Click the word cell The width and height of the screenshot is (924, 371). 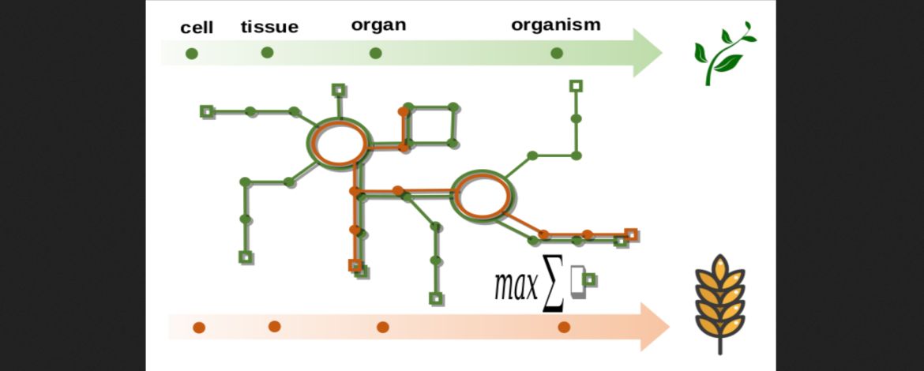(197, 28)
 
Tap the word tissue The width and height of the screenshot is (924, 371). (269, 27)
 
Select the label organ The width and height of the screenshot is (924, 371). (378, 24)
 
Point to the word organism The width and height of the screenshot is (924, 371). (555, 24)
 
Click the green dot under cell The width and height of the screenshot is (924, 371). (191, 54)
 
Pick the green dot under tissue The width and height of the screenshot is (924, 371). (267, 53)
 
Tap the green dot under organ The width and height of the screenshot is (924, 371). (375, 54)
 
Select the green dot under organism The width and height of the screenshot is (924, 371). (557, 54)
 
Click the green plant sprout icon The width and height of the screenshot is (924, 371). (723, 54)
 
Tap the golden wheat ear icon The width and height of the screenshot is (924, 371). (719, 300)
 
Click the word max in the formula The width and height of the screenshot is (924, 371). (515, 286)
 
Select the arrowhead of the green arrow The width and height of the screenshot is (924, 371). (648, 54)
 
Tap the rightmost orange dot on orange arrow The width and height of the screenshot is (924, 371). (564, 327)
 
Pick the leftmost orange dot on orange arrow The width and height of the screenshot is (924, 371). (199, 327)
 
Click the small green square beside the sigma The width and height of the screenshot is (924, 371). (589, 279)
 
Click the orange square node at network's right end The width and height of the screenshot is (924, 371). (630, 234)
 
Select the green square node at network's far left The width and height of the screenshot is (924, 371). (207, 111)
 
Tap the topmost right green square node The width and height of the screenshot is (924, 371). (577, 85)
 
